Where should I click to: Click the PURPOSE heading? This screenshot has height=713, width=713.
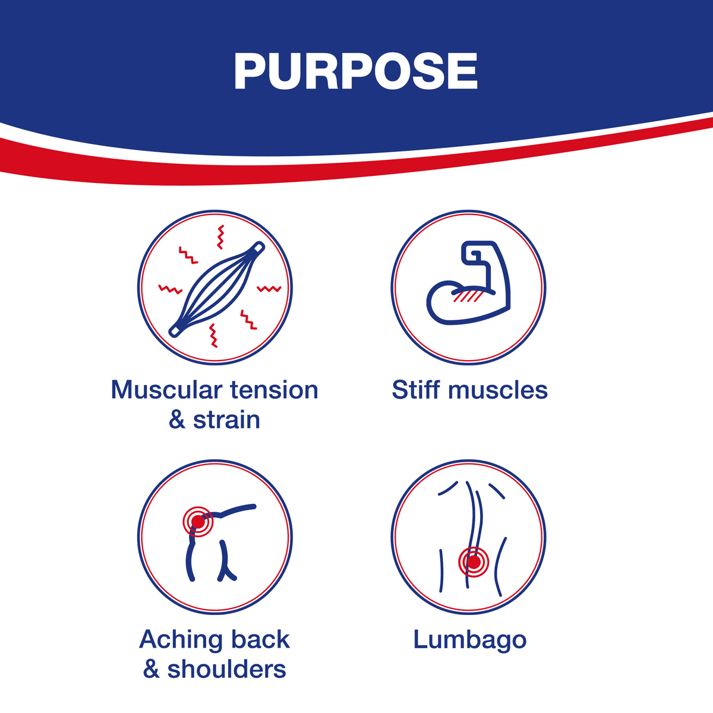(355, 71)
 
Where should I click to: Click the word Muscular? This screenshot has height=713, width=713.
(166, 390)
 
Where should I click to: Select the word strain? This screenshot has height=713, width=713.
(226, 420)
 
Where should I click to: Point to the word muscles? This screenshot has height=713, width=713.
(498, 390)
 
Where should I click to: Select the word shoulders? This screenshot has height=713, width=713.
(227, 670)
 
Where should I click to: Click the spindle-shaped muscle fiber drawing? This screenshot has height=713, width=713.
(217, 289)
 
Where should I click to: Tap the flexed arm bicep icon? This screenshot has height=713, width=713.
(469, 283)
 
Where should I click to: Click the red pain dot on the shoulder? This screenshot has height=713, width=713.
(198, 522)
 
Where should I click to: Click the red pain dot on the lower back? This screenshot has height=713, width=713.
(474, 563)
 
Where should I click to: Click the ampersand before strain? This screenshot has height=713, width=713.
(177, 420)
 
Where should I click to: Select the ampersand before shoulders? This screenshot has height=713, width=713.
(151, 670)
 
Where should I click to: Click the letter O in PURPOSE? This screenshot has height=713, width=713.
(385, 71)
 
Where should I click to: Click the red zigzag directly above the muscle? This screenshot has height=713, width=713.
(220, 237)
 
